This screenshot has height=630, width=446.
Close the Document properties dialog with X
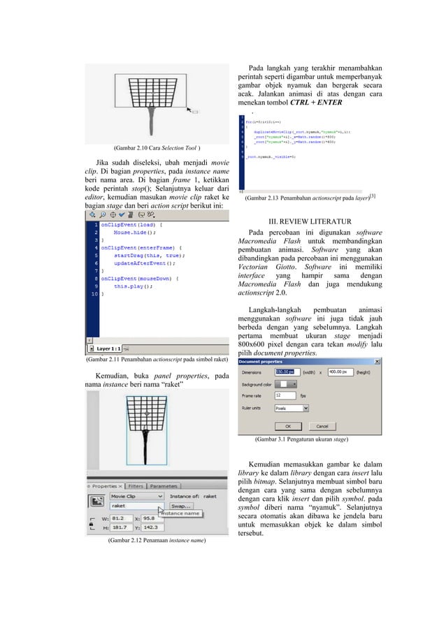(x=378, y=361)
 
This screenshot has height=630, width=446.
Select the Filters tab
(x=135, y=485)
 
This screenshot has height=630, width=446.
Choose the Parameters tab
(x=164, y=485)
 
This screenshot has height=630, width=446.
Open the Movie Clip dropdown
(x=137, y=496)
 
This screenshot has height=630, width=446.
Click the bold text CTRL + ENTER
(x=314, y=103)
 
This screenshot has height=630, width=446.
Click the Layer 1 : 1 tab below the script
(x=108, y=348)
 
